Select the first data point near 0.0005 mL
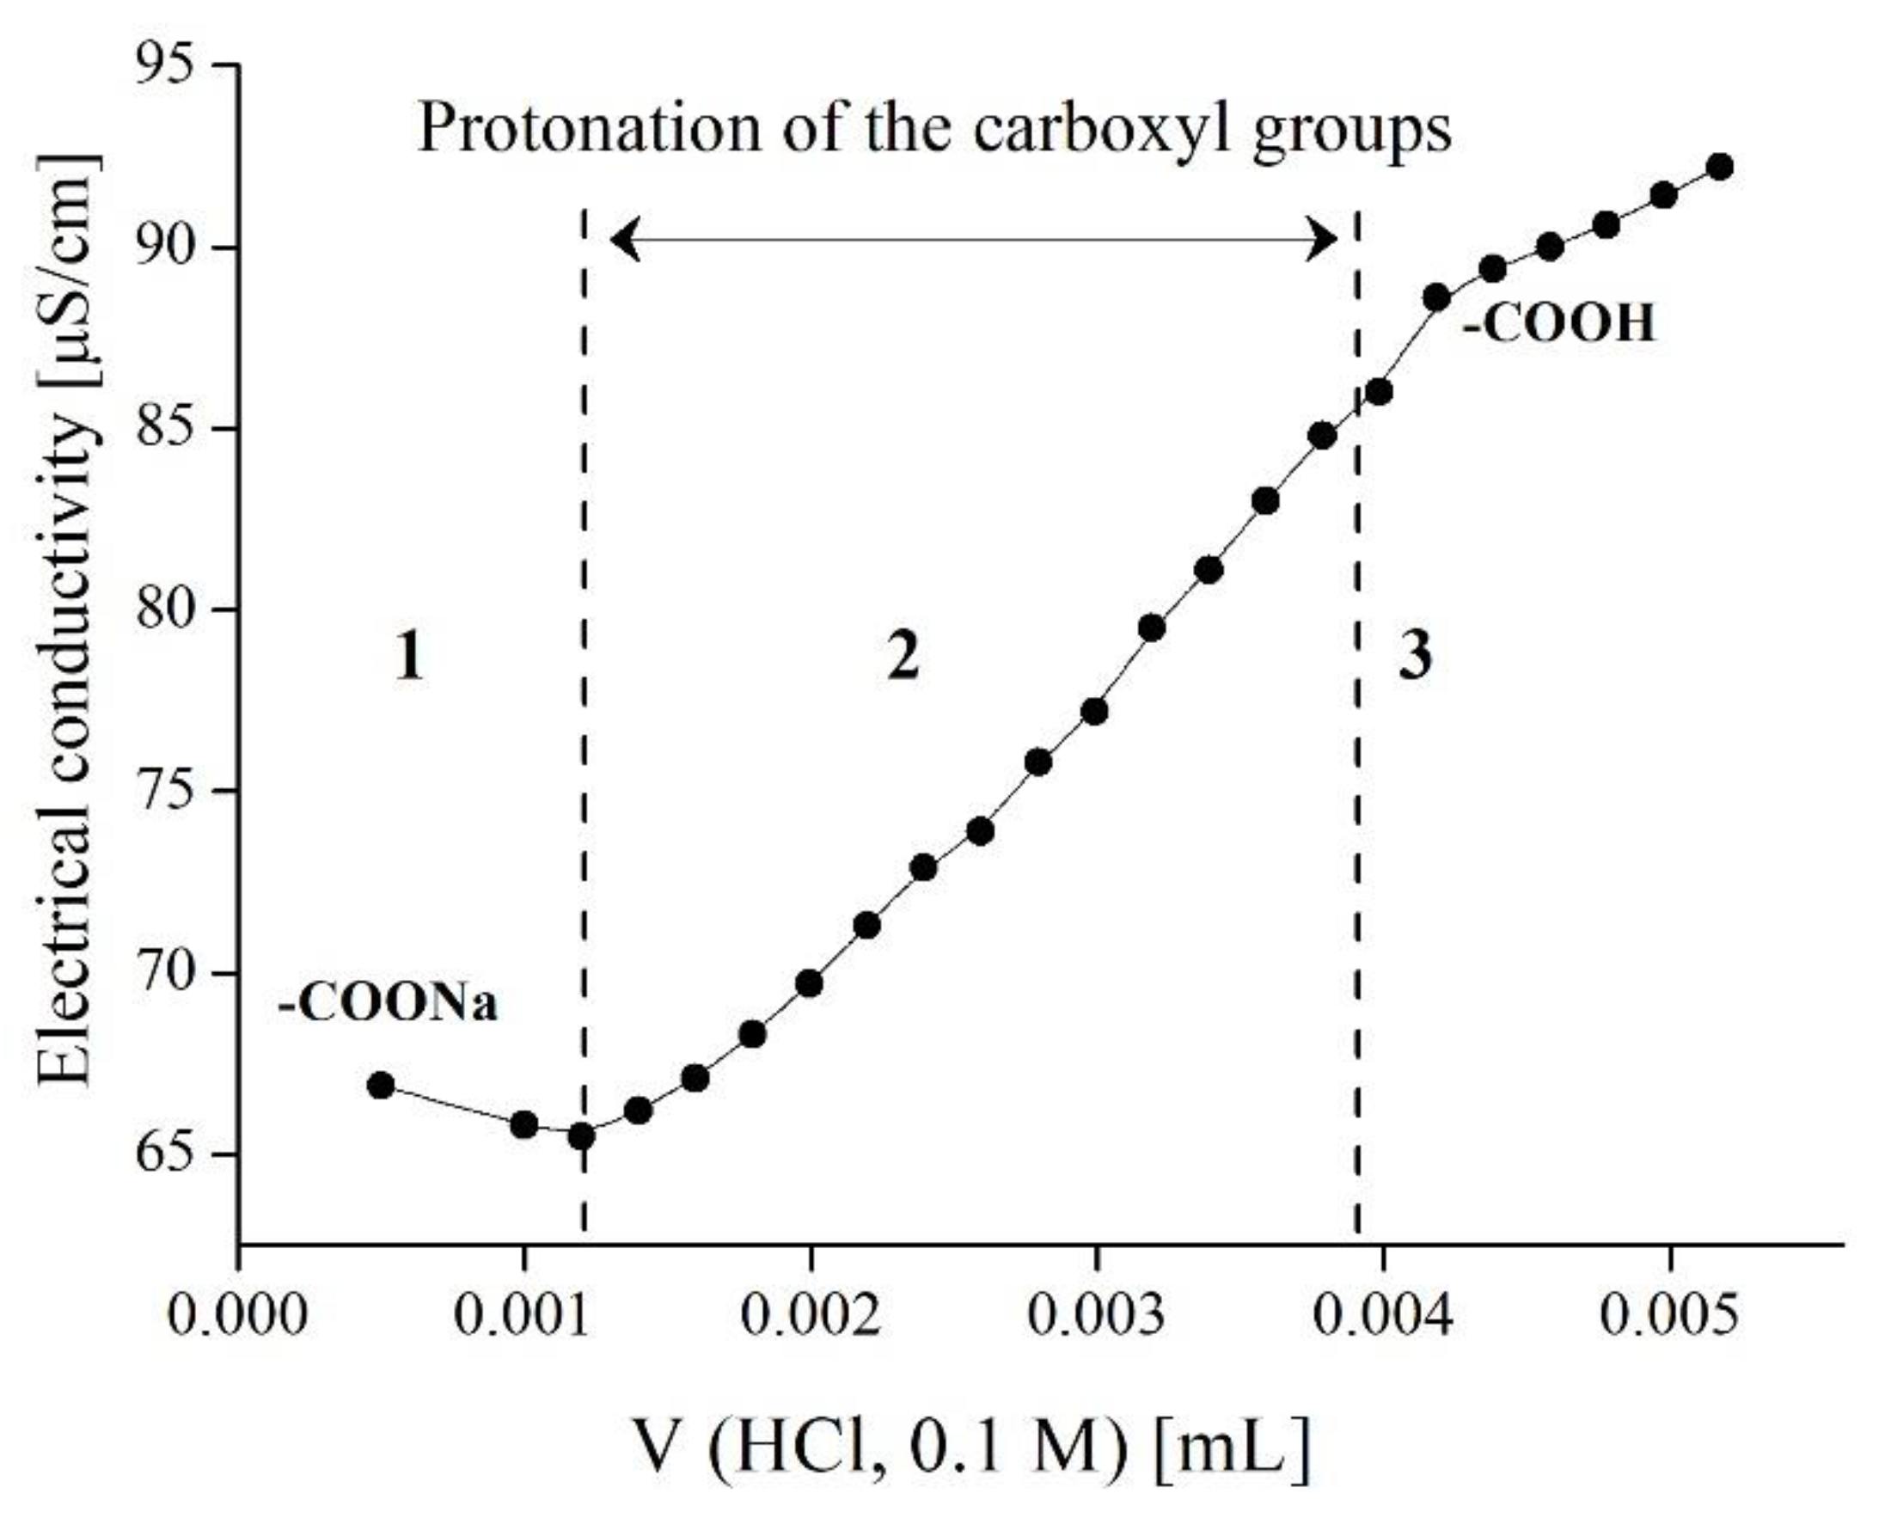coord(380,1085)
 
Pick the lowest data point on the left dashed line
coord(581,1137)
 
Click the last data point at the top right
coord(1721,167)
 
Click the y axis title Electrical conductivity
coord(66,619)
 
